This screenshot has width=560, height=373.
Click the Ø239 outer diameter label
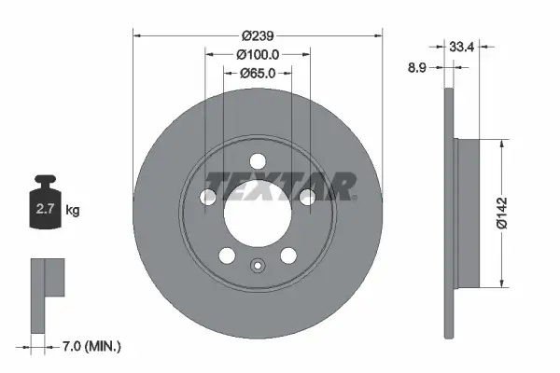pyautogui.click(x=259, y=35)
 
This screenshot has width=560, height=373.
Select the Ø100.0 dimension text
pyautogui.click(x=259, y=54)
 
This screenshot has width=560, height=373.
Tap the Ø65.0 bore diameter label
pyautogui.click(x=259, y=73)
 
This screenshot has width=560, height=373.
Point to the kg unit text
pyautogui.click(x=73, y=211)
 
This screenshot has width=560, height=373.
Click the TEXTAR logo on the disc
pyautogui.click(x=280, y=186)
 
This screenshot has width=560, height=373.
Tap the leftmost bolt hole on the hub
pyautogui.click(x=208, y=196)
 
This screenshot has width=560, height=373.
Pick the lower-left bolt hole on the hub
pyautogui.click(x=227, y=256)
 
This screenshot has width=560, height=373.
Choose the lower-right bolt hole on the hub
pyautogui.click(x=289, y=256)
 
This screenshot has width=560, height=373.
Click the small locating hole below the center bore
pyautogui.click(x=259, y=266)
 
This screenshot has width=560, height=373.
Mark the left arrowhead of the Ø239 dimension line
pyautogui.click(x=138, y=35)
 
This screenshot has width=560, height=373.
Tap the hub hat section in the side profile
pyautogui.click(x=468, y=213)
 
